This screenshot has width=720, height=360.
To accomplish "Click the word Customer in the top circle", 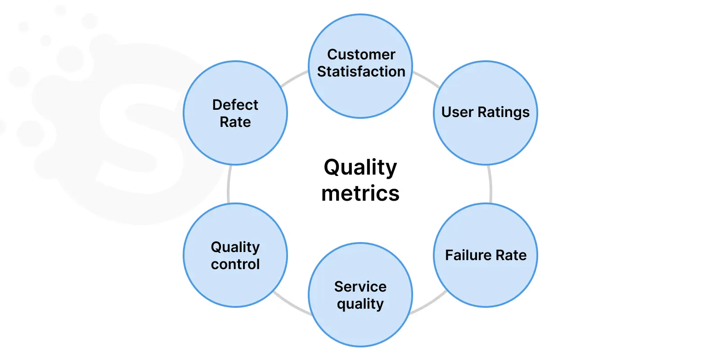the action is pyautogui.click(x=361, y=54).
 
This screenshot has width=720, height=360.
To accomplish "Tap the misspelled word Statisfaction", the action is pyautogui.click(x=361, y=72).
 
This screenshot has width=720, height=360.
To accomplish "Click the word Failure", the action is pyautogui.click(x=468, y=255).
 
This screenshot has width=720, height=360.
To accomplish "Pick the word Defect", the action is pyautogui.click(x=235, y=105).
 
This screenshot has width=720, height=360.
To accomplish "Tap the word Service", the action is pyautogui.click(x=360, y=287).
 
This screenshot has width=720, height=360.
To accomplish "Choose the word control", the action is pyautogui.click(x=235, y=264).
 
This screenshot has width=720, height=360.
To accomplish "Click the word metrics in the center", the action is pyautogui.click(x=360, y=193).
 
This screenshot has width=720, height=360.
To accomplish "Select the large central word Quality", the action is pyautogui.click(x=360, y=168).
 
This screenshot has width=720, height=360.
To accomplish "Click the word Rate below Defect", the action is pyautogui.click(x=235, y=122).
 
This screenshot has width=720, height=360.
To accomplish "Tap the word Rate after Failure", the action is pyautogui.click(x=511, y=255).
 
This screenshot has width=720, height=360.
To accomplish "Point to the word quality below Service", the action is pyautogui.click(x=360, y=304).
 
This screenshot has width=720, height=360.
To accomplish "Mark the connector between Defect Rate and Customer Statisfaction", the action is pyautogui.click(x=294, y=78).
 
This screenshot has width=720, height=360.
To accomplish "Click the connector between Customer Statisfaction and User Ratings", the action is pyautogui.click(x=427, y=79).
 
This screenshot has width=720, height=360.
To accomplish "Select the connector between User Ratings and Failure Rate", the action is pyautogui.click(x=490, y=184).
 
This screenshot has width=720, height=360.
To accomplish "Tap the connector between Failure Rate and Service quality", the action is pyautogui.click(x=429, y=303).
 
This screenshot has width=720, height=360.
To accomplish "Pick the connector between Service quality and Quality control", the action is pyautogui.click(x=292, y=304).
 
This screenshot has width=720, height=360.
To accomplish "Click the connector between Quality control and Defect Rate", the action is pyautogui.click(x=229, y=184).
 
